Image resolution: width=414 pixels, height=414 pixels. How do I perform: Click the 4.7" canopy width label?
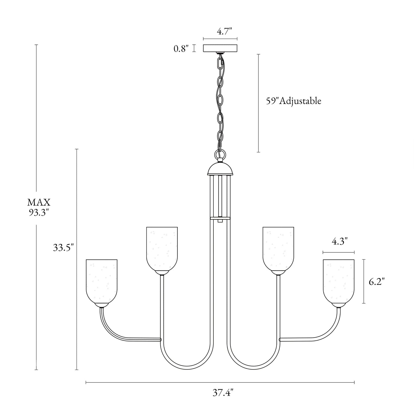[224, 31]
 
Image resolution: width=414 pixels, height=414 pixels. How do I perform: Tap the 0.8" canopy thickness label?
[181, 49]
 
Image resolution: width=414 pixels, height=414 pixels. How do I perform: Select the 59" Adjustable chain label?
[293, 101]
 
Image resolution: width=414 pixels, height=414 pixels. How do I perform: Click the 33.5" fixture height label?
[63, 248]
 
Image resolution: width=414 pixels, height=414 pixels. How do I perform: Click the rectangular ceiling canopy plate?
[220, 48]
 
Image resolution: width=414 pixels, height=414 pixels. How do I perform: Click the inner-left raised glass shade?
[162, 249]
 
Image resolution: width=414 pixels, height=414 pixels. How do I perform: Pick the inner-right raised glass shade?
[278, 249]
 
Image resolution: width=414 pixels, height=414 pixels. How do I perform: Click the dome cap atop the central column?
[220, 169]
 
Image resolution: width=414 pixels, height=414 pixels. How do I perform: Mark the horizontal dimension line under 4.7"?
[220, 39]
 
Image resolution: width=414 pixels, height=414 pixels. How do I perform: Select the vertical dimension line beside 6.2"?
[364, 281]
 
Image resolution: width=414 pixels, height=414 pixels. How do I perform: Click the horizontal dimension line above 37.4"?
[220, 382]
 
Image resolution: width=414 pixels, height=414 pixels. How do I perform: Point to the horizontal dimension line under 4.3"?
[338, 252]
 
